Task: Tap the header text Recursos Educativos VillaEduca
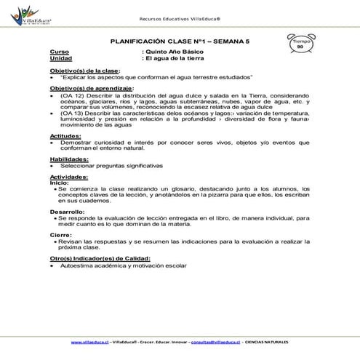(180, 19)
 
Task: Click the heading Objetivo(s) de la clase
(82, 70)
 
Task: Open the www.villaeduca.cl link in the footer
(90, 341)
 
